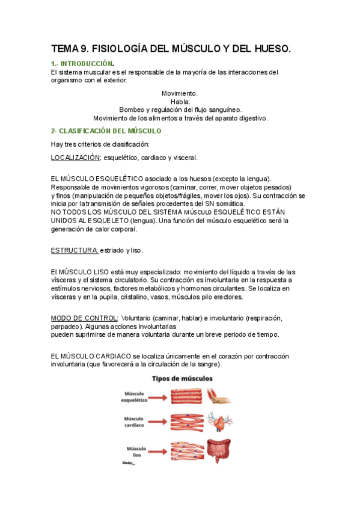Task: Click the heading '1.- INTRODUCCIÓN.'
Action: tap(82, 63)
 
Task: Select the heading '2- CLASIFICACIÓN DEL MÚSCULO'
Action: tap(106, 131)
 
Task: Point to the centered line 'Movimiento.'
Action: tap(180, 93)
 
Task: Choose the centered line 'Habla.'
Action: tap(180, 102)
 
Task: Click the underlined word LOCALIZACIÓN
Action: tap(75, 158)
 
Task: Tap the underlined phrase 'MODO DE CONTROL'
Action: tap(84, 317)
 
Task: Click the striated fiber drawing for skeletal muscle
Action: tap(186, 396)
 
